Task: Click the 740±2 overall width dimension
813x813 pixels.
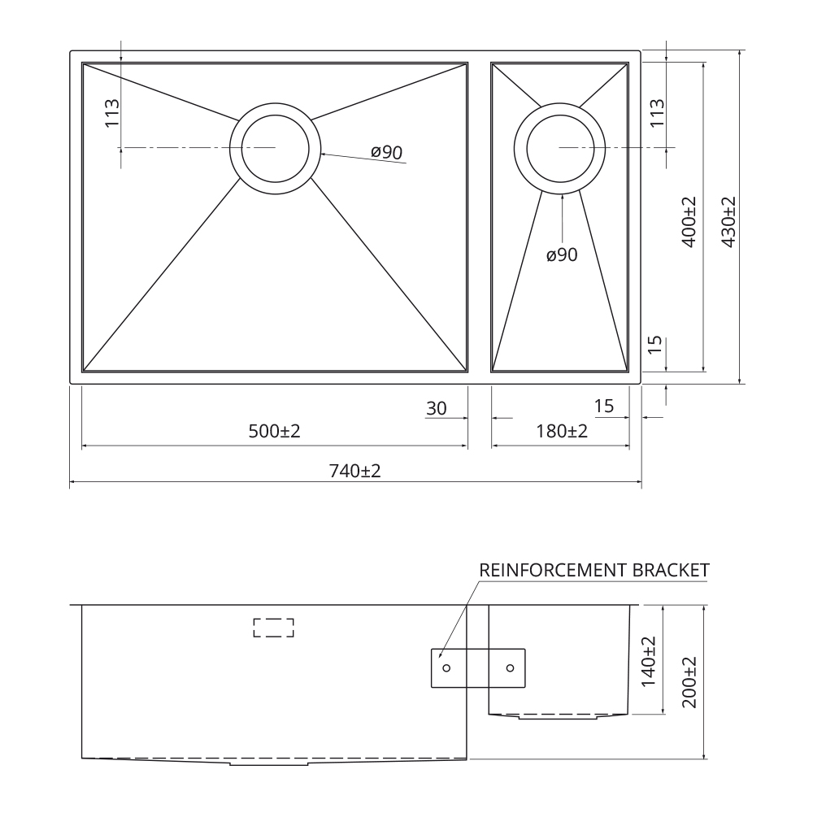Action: pos(354,471)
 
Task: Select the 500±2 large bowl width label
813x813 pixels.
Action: pos(274,431)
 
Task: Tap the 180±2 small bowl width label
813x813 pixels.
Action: pos(562,431)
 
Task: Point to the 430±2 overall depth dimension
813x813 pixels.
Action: pos(728,222)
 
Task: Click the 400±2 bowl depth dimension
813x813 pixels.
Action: pos(689,222)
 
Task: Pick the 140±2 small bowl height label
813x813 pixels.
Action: pos(649,662)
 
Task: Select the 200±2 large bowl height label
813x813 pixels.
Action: pos(689,682)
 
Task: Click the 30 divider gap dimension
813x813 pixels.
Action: pos(436,409)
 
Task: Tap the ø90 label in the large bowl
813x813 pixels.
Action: pos(387,152)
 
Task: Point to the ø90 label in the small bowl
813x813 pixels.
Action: pos(562,254)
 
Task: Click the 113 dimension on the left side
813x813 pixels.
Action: pos(112,113)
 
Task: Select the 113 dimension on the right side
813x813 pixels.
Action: pos(657,113)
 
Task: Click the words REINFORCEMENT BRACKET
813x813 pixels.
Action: pos(594,571)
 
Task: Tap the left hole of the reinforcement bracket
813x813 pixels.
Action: pos(446,667)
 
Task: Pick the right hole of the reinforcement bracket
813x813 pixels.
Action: pos(511,667)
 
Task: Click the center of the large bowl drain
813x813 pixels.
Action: pos(276,148)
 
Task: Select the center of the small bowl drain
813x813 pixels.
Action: pos(559,148)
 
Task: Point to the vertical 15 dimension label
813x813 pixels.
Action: pos(656,345)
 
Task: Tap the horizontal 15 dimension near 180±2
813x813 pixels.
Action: pos(604,406)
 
